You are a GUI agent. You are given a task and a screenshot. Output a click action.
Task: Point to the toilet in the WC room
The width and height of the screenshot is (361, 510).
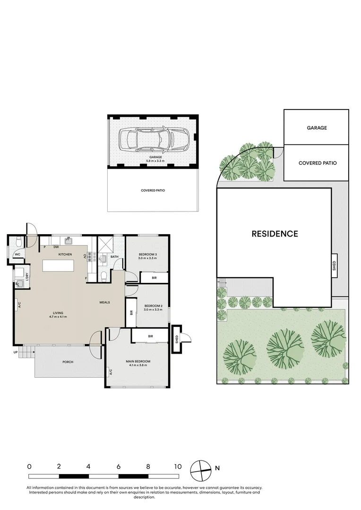(x=18, y=243)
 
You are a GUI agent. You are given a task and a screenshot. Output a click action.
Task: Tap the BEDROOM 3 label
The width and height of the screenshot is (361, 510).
(x=147, y=255)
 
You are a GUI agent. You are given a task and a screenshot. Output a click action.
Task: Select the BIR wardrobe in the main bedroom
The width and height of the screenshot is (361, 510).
(x=150, y=336)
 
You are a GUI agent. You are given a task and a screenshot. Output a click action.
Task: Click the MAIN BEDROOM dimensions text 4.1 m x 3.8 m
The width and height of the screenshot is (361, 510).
(x=138, y=365)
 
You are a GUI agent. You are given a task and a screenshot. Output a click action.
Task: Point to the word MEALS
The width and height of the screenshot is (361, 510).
(x=105, y=302)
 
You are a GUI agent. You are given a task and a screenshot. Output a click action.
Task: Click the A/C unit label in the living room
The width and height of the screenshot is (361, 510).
(x=19, y=306)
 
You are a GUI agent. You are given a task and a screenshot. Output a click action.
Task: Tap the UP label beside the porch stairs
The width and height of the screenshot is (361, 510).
(x=16, y=352)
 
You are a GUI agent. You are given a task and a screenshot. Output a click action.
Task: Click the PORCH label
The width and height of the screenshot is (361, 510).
(x=68, y=362)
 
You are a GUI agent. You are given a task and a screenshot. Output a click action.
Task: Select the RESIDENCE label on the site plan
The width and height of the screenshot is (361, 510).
(x=275, y=234)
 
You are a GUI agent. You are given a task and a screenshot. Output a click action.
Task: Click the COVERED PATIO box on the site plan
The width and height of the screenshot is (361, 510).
(x=317, y=163)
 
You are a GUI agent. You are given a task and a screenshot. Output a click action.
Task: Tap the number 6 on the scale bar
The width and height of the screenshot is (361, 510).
(x=119, y=466)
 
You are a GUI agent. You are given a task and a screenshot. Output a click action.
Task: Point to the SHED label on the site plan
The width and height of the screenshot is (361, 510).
(x=334, y=263)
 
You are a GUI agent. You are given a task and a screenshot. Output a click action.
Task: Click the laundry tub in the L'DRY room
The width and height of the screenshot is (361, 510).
(x=21, y=284)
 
